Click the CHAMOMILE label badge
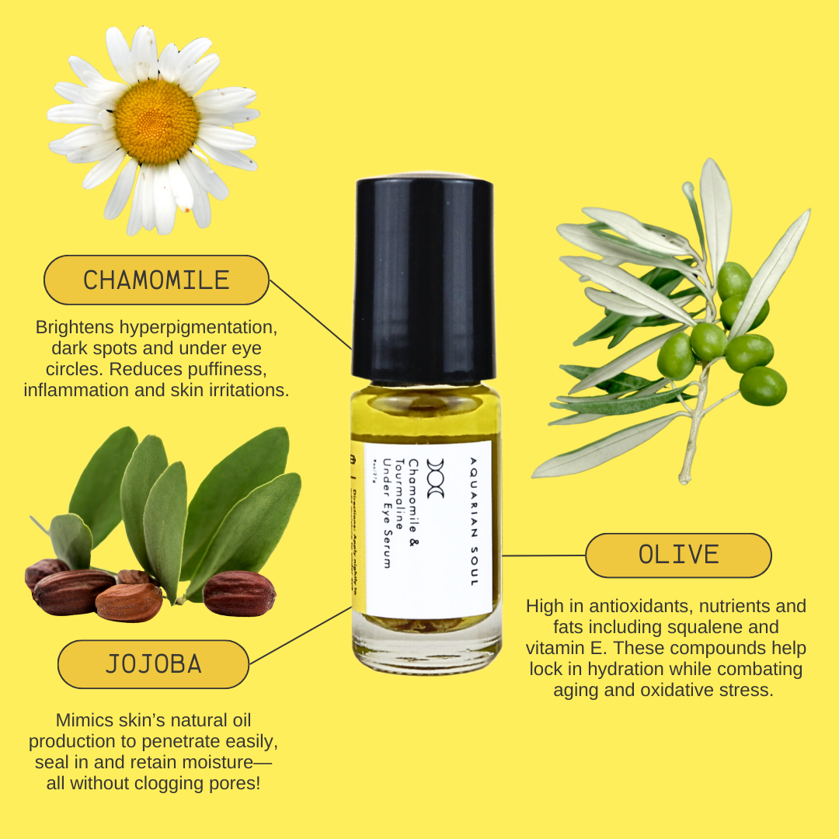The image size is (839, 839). pyautogui.click(x=156, y=280)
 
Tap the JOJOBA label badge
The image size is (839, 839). pyautogui.click(x=153, y=664)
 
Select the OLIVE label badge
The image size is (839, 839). pyautogui.click(x=677, y=555)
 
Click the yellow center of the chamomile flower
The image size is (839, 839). pyautogui.click(x=157, y=121)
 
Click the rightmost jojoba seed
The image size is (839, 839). pyautogui.click(x=238, y=594)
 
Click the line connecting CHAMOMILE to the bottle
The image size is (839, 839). pyautogui.click(x=310, y=314)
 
